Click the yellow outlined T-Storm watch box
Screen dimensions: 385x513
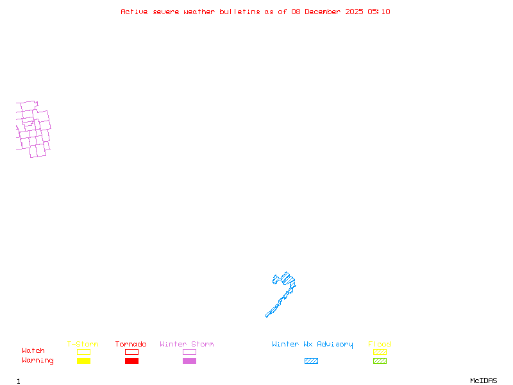83,352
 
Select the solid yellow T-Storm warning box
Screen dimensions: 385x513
83,361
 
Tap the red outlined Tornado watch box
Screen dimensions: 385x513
131,352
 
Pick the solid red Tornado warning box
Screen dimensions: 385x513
131,361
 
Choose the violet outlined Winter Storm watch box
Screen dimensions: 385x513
189,352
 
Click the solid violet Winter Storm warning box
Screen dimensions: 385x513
189,361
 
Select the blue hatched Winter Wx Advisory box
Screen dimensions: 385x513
311,361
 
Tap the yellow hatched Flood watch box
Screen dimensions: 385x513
380,352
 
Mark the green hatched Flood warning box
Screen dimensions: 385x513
380,361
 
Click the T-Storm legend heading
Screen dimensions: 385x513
83,344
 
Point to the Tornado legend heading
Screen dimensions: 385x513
131,344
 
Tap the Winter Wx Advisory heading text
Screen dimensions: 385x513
312,344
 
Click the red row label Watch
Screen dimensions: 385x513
33,351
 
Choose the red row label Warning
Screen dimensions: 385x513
38,361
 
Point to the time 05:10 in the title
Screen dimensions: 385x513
379,12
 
